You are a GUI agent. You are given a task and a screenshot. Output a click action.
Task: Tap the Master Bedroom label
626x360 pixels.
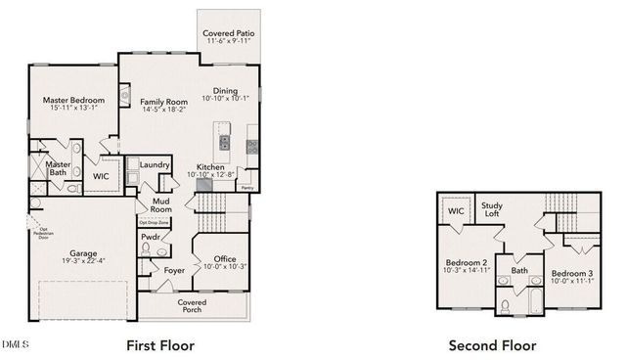point(74,99)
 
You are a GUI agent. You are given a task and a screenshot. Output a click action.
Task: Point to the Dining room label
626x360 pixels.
point(226,91)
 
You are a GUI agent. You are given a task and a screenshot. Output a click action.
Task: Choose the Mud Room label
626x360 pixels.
point(160,204)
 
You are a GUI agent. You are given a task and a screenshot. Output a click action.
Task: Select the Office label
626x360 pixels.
point(218,258)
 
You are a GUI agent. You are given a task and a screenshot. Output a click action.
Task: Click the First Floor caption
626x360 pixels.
point(160,344)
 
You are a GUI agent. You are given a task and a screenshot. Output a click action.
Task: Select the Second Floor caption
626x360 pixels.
point(491,344)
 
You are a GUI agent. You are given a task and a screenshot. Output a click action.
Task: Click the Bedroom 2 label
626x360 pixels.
point(468,262)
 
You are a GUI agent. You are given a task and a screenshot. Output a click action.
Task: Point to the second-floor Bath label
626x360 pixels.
point(518,270)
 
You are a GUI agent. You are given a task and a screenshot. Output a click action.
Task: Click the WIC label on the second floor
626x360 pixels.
point(456,210)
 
